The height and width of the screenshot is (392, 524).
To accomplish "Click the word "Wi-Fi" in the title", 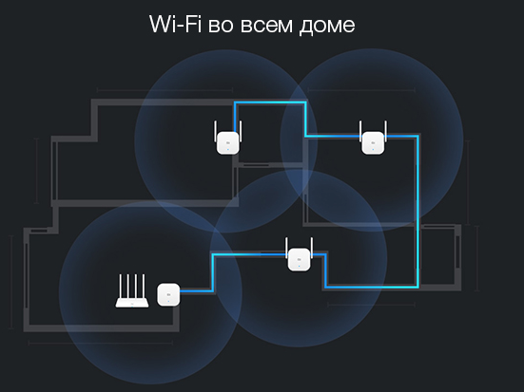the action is pyautogui.click(x=175, y=24).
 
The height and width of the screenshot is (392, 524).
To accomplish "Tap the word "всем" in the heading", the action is pyautogui.click(x=266, y=26).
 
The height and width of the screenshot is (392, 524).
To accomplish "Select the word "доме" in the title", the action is pyautogui.click(x=327, y=27).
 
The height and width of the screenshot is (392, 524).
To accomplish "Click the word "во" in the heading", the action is pyautogui.click(x=221, y=26).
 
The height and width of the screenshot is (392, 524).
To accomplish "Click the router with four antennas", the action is pyautogui.click(x=132, y=290).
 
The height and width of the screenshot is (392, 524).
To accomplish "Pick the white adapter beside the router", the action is pyautogui.click(x=168, y=294).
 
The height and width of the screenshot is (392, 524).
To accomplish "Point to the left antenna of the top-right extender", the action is pyautogui.click(x=360, y=131).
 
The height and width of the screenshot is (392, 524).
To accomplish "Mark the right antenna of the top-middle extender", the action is pyautogui.click(x=241, y=131).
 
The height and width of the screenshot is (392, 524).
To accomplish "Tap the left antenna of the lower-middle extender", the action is pyautogui.click(x=287, y=248).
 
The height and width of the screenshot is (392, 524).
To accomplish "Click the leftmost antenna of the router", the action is pyautogui.click(x=121, y=286).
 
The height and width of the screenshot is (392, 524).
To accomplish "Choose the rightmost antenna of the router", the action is pyautogui.click(x=144, y=286).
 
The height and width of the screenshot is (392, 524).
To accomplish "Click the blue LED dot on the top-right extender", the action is pyautogui.click(x=374, y=149).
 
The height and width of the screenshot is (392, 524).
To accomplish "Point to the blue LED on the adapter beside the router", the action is pyautogui.click(x=168, y=301).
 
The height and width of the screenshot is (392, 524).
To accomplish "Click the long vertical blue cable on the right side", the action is pyautogui.click(x=417, y=211).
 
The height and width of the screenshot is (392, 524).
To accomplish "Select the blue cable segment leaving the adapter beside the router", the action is pyautogui.click(x=196, y=291).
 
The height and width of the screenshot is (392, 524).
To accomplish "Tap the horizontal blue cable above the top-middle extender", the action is pyautogui.click(x=270, y=103).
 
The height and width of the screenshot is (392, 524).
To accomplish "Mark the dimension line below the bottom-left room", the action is pyautogui.click(x=101, y=343).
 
